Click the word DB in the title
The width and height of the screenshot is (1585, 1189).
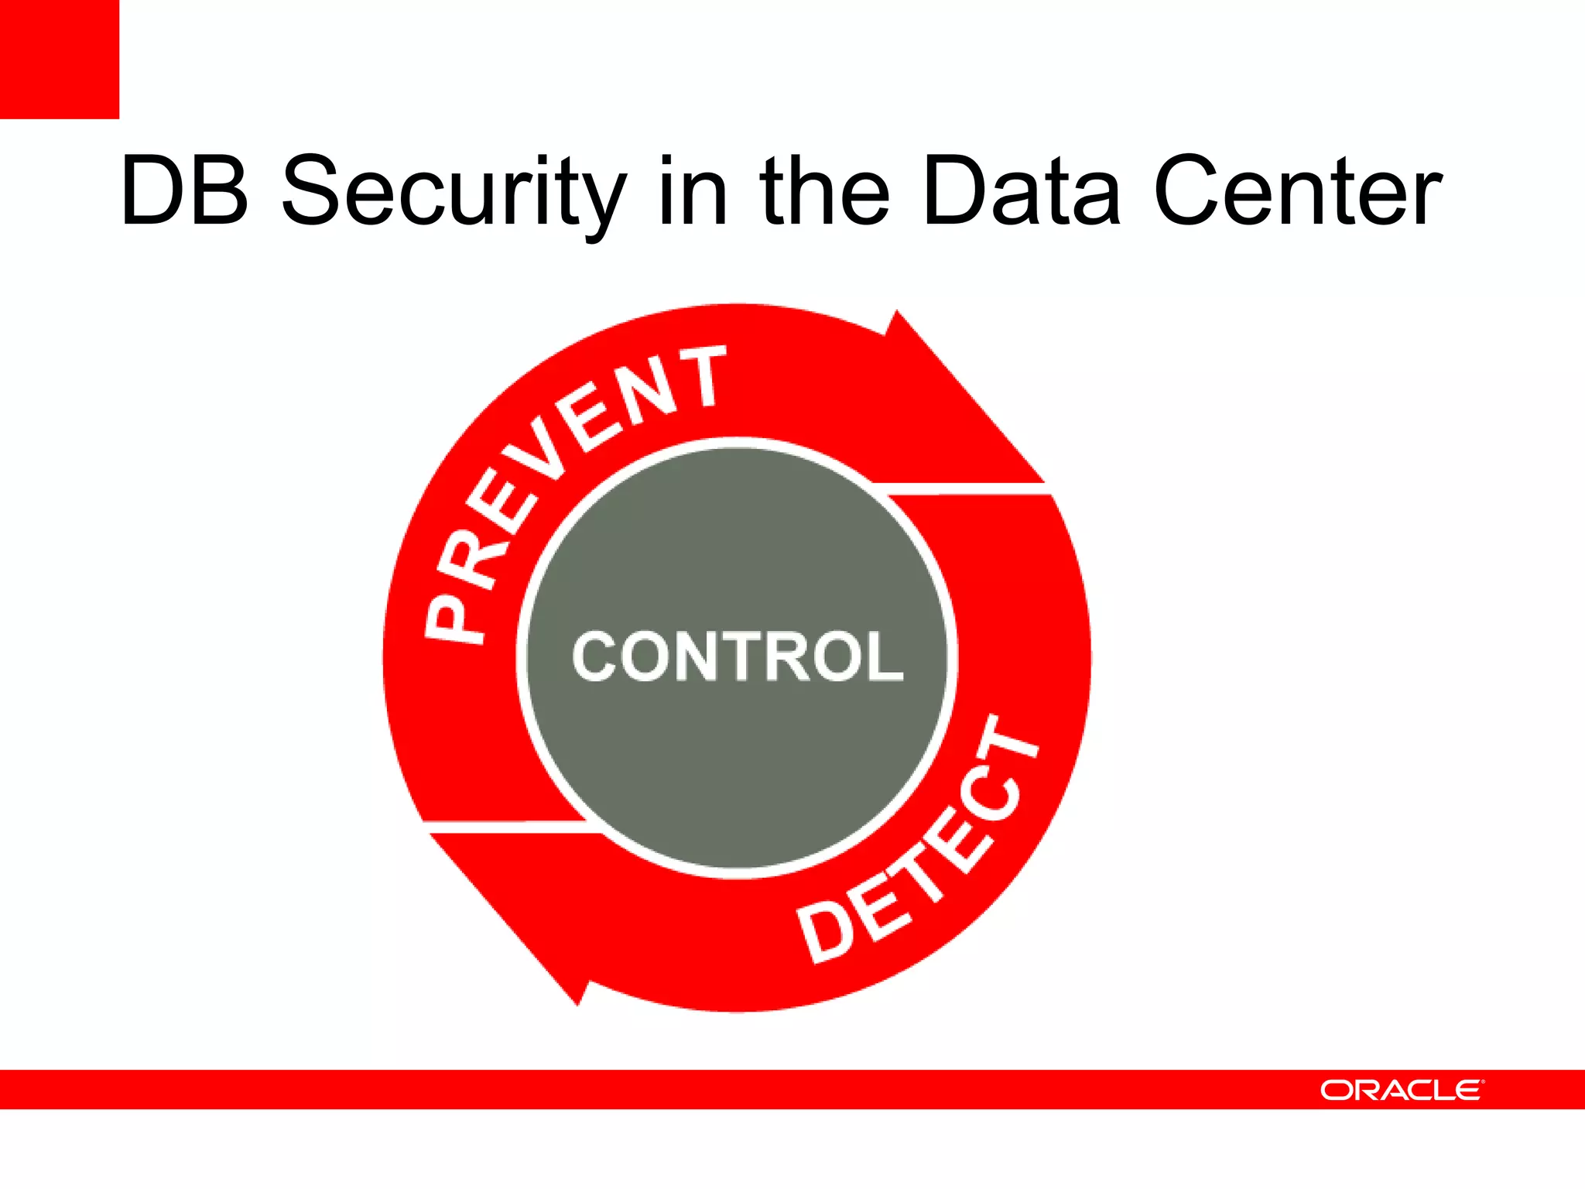[x=185, y=191]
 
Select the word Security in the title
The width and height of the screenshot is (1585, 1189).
[x=454, y=194]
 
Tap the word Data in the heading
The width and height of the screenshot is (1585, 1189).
[x=1021, y=191]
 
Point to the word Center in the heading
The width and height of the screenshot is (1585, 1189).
[x=1297, y=191]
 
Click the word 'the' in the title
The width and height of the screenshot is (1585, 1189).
[x=825, y=191]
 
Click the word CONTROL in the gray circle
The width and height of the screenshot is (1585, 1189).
[x=737, y=656]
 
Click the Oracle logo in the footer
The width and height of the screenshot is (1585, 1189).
[x=1402, y=1090]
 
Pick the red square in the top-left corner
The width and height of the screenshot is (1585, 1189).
[x=60, y=60]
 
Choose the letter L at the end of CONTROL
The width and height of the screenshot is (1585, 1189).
[x=884, y=656]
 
